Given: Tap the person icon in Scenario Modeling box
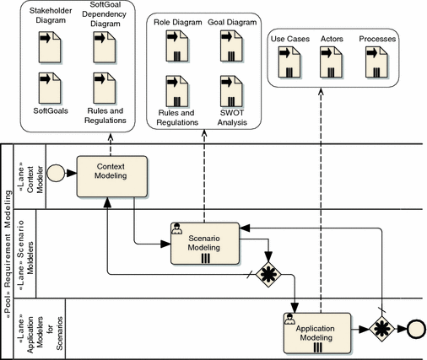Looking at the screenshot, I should (176, 227).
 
